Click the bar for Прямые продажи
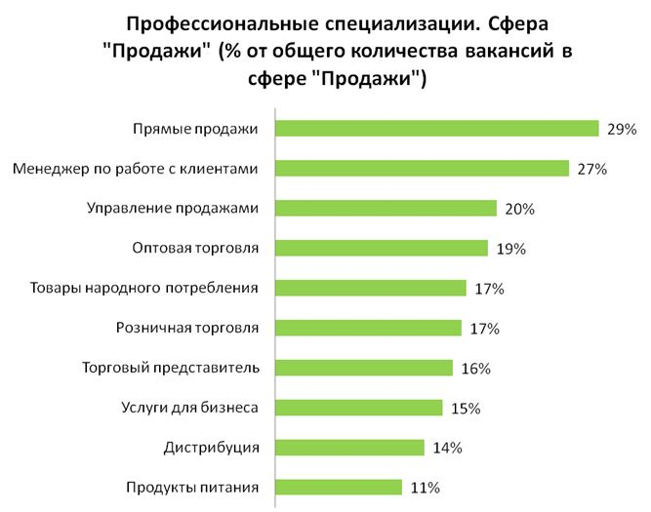pos(436,129)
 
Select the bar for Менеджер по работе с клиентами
pos(422,169)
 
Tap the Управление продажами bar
pos(386,209)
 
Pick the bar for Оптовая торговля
pos(381,249)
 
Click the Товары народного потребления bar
pos(370,289)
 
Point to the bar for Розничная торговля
pos(368,329)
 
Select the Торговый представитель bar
pos(363,369)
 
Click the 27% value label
pos(591,169)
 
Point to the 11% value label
pos(425,488)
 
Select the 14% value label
pos(447,449)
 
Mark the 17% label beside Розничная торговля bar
pos(484,329)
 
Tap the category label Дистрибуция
pos(211,448)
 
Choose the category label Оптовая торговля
pos(195,248)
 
